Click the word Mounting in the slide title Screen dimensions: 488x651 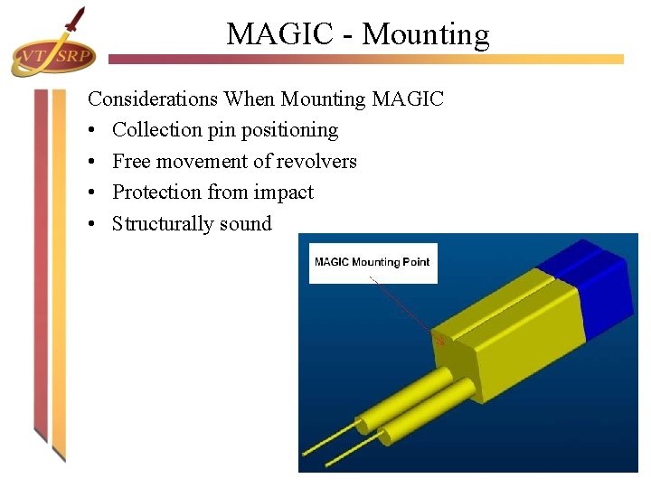(x=425, y=34)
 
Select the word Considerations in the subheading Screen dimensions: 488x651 (x=153, y=99)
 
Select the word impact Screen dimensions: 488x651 (x=283, y=192)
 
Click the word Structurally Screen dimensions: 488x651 (x=163, y=224)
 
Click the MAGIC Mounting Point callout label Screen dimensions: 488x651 (x=373, y=262)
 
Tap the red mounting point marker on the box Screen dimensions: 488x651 (x=440, y=341)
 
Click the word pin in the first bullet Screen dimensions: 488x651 (x=222, y=130)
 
